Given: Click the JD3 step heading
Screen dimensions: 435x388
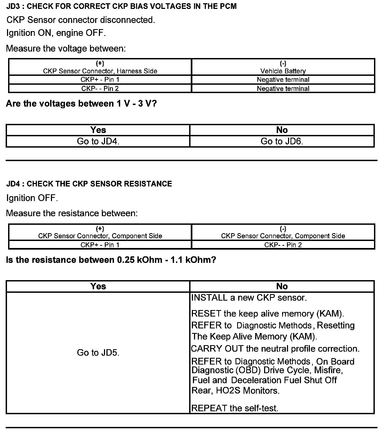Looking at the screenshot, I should click(x=121, y=6).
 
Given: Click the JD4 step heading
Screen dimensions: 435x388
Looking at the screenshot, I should click(x=89, y=184).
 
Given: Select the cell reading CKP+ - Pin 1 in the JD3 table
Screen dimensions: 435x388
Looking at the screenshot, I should click(x=100, y=80).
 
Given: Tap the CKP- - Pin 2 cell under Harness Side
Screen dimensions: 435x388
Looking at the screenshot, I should click(x=100, y=89).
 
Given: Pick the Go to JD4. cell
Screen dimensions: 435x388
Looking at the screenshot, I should click(x=98, y=141).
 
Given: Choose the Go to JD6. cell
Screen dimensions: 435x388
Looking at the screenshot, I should click(x=282, y=141).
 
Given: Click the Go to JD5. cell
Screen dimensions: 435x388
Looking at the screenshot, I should click(x=98, y=353).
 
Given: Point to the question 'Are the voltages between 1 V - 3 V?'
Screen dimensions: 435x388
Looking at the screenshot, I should click(x=81, y=104).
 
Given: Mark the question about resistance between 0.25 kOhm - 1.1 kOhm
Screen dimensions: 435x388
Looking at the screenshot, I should click(x=111, y=260).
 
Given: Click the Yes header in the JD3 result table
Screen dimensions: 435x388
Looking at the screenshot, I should click(x=98, y=130).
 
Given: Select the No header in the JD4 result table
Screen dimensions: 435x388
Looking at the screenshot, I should click(x=282, y=286).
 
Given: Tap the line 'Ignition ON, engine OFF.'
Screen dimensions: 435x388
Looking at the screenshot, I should click(x=56, y=33).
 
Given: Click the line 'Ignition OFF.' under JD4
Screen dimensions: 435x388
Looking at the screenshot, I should click(x=32, y=198).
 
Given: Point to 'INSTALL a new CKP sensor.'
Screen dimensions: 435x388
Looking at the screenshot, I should click(x=249, y=298).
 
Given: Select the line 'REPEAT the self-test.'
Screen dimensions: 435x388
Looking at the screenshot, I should click(x=235, y=408).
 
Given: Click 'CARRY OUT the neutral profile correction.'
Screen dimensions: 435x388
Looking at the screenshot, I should click(x=275, y=349).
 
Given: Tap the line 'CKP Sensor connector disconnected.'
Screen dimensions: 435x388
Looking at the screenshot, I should click(x=81, y=20).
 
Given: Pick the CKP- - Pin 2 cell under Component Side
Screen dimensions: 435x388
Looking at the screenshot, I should click(x=283, y=245).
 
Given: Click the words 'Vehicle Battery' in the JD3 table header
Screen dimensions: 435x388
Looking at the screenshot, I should click(x=283, y=71).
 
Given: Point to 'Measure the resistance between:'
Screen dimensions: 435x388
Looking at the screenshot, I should click(x=72, y=213).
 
